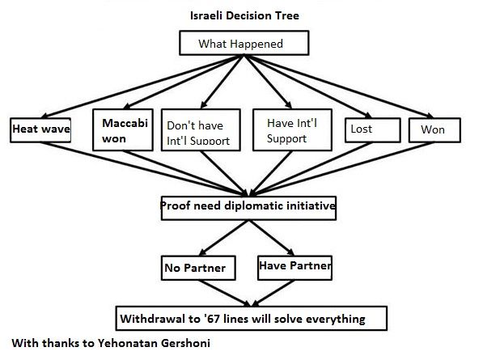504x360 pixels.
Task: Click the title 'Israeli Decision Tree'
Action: pyautogui.click(x=240, y=15)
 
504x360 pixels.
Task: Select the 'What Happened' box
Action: pyautogui.click(x=240, y=44)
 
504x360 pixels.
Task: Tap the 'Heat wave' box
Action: pyautogui.click(x=40, y=129)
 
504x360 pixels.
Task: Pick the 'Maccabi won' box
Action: pyautogui.click(x=122, y=129)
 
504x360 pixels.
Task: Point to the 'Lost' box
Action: pyautogui.click(x=372, y=129)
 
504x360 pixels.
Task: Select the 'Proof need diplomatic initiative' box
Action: pyautogui.click(x=248, y=207)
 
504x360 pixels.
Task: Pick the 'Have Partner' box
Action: pyautogui.click(x=294, y=265)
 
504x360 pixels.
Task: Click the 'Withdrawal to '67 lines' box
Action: pyautogui.click(x=242, y=318)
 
